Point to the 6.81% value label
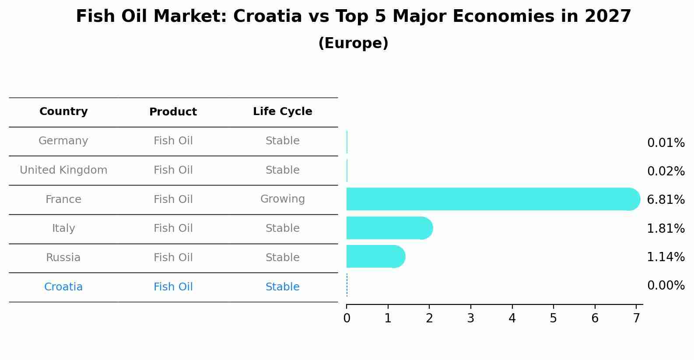[666, 200]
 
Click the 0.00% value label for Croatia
[666, 286]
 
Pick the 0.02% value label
[666, 171]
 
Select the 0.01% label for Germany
[666, 143]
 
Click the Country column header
[63, 112]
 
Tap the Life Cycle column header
[282, 112]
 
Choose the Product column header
[173, 112]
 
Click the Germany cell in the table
[63, 141]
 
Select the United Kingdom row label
[63, 170]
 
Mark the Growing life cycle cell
[282, 199]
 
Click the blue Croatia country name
[63, 287]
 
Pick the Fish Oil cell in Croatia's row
[173, 287]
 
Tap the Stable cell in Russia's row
[282, 258]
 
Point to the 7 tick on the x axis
[636, 318]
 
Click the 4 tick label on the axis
[512, 318]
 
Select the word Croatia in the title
[267, 17]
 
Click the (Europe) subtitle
[353, 43]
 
